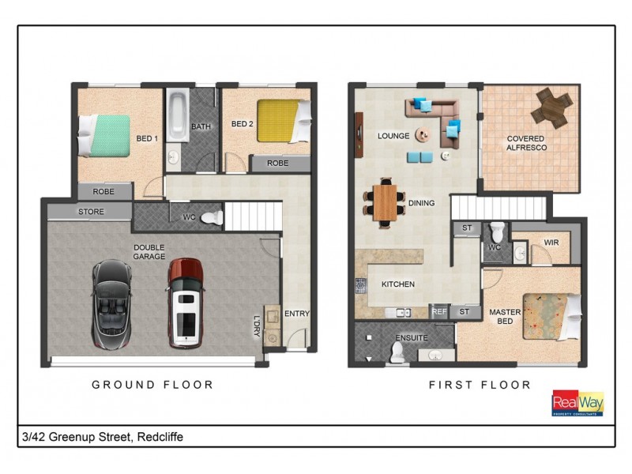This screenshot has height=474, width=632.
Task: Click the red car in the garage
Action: click(x=187, y=303)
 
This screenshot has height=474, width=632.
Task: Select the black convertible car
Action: click(x=112, y=303)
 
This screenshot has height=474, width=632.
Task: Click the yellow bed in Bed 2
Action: click(x=280, y=120)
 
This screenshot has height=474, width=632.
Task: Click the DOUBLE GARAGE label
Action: click(x=149, y=251)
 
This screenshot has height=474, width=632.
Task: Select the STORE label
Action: click(x=91, y=212)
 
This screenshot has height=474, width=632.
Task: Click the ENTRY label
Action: click(x=297, y=314)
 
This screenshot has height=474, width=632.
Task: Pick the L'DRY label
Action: click(x=256, y=326)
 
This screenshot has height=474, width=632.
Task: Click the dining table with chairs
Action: click(x=386, y=203)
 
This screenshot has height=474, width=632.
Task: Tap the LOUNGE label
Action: click(x=393, y=136)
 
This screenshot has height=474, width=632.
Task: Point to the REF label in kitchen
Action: click(x=440, y=312)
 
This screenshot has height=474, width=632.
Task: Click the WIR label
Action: click(x=551, y=243)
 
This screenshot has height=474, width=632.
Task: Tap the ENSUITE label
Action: click(x=411, y=337)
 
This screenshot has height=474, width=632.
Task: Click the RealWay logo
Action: click(x=577, y=402)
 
